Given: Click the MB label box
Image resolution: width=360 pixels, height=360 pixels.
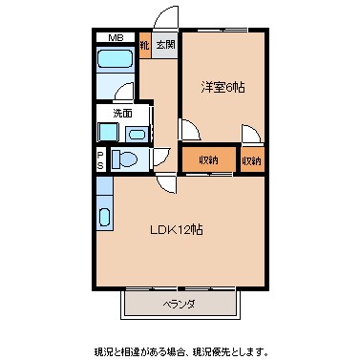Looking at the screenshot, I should [x=115, y=38].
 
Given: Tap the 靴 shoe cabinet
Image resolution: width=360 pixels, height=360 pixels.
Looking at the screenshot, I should [x=144, y=45].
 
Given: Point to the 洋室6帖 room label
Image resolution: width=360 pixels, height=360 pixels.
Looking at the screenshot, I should [x=222, y=87].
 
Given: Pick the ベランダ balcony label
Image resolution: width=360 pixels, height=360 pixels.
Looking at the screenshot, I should [x=179, y=305].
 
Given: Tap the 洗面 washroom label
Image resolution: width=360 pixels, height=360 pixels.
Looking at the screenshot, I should [x=123, y=114].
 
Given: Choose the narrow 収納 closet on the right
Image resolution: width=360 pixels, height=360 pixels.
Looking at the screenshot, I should [x=252, y=159].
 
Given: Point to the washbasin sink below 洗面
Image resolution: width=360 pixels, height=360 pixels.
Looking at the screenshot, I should [x=136, y=135].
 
